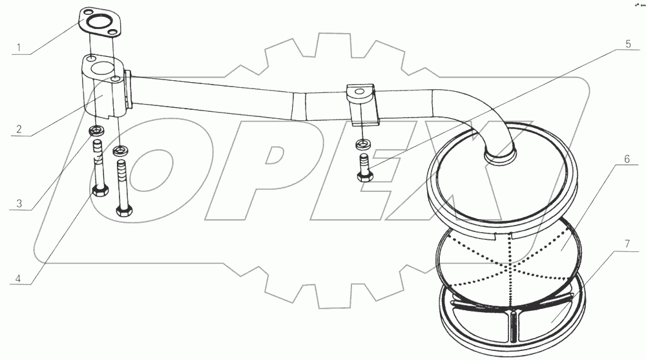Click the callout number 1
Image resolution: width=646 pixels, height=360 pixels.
(19, 48)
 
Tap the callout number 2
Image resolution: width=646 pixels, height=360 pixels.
(19, 129)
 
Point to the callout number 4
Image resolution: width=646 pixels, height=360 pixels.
(19, 279)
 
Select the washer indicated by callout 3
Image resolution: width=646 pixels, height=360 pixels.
(96, 132)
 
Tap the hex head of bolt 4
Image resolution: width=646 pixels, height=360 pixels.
(99, 191)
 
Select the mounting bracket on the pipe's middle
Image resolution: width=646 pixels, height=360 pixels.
(360, 103)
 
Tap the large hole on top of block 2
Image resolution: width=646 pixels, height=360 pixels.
(99, 67)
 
